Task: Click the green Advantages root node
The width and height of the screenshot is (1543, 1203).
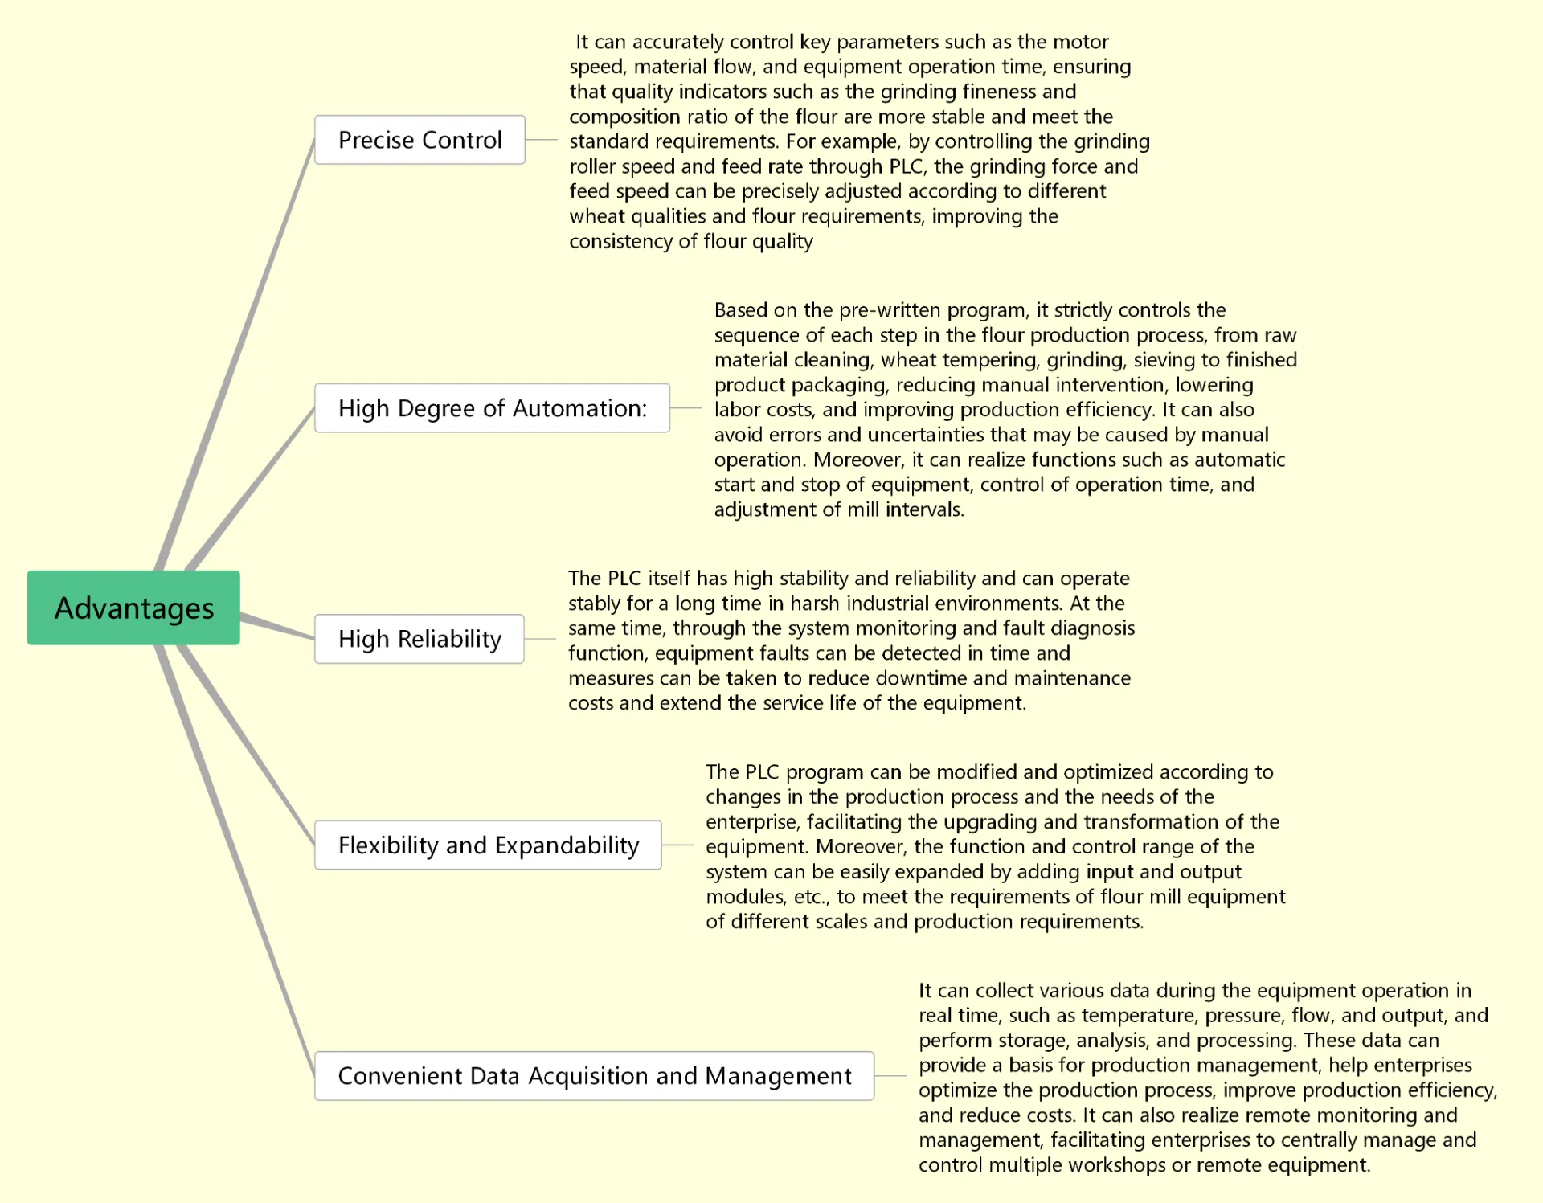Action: point(133,608)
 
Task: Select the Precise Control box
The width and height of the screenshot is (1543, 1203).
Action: point(420,140)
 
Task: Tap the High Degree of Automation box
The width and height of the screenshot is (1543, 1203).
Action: point(492,408)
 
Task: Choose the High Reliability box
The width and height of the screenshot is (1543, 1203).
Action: point(419,639)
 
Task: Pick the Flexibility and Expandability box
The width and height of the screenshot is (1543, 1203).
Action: point(488,845)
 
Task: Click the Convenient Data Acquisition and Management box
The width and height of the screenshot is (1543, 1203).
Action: point(594,1076)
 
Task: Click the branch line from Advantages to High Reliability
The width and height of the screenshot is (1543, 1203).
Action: point(277,627)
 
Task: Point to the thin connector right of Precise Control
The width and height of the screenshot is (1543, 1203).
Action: point(542,140)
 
